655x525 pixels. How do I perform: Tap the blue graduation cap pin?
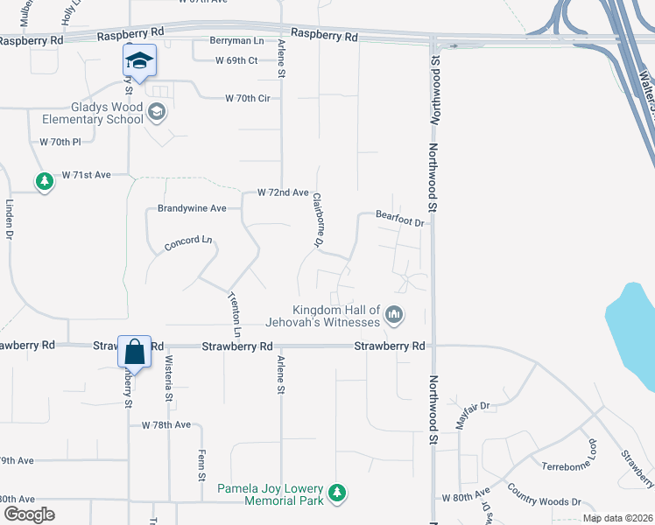coord(138,61)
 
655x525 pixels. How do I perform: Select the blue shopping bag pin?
coord(134,353)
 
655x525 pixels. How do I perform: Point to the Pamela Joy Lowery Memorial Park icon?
coord(337,494)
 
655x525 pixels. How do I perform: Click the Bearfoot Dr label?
coord(399,220)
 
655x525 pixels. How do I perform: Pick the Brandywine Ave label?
coord(192,208)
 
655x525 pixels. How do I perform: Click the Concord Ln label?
coord(188,243)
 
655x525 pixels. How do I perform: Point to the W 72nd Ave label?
coord(283,192)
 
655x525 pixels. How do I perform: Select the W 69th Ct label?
coord(236,60)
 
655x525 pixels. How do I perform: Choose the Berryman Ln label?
coord(236,41)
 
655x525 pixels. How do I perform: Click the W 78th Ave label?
coord(166,424)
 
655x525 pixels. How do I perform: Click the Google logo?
coord(30,514)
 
